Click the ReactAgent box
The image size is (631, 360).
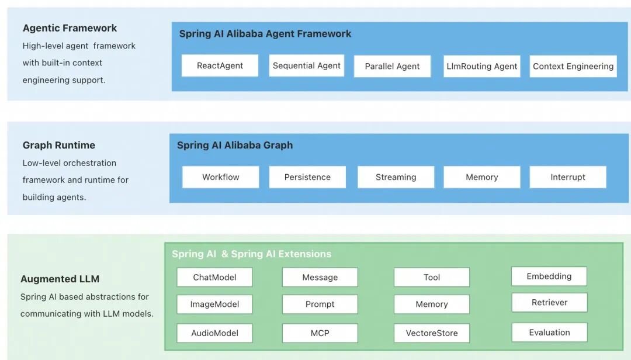220,66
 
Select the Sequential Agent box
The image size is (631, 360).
307,65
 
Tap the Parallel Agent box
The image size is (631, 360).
392,67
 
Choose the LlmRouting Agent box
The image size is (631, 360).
482,67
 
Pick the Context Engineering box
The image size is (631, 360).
573,67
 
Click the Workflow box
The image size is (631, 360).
221,177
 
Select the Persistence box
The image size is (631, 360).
307,177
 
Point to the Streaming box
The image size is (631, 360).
396,177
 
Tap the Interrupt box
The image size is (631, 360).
567,177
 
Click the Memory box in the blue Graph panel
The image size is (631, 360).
481,177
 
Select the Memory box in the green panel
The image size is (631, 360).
431,304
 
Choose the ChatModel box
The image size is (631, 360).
214,278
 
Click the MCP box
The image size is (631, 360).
320,333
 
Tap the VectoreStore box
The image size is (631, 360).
431,333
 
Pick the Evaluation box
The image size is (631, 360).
549,333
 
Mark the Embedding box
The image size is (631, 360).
549,276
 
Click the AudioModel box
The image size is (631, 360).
214,333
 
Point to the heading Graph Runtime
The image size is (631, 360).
59,146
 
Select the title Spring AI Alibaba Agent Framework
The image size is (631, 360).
265,34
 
